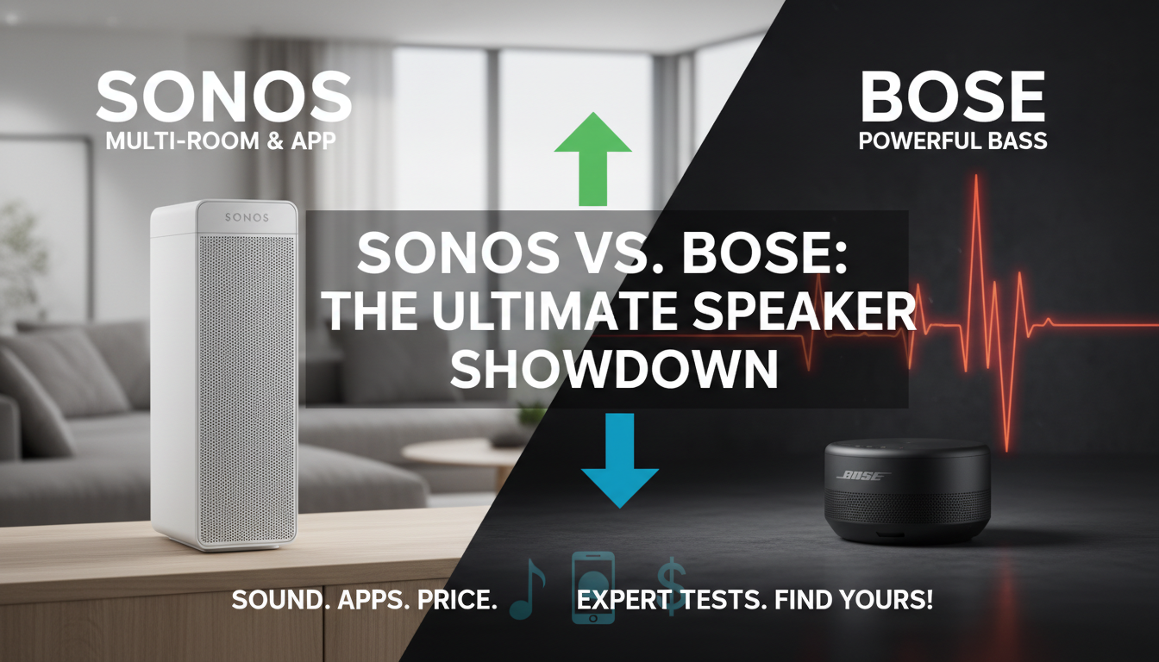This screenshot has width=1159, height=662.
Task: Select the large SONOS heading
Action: [223, 98]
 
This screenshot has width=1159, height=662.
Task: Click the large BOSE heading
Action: [953, 98]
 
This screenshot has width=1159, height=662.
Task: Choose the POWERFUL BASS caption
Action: [953, 141]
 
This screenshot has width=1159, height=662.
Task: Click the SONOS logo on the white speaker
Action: [247, 217]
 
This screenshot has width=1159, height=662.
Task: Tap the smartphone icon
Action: [593, 585]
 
